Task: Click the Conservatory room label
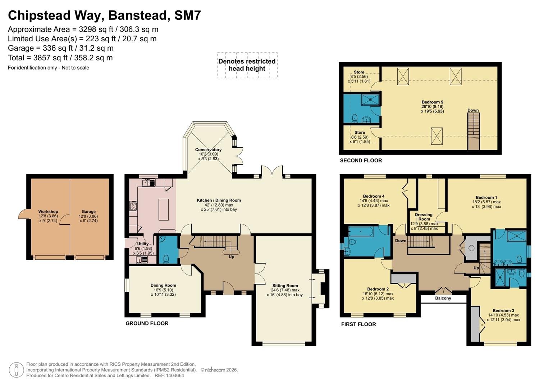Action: point(208,150)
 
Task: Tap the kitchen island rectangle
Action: point(164,210)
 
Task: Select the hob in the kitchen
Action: point(133,206)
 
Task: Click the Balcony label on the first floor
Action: point(443,298)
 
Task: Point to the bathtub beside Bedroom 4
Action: point(361,232)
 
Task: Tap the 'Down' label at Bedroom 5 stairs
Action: point(473,110)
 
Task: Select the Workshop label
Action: point(48,211)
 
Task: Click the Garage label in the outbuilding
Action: point(89,211)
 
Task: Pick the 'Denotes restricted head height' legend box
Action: point(247,65)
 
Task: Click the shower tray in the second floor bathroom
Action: point(370,100)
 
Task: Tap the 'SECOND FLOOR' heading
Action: point(361,161)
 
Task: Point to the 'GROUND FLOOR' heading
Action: point(147,323)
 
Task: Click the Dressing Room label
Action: point(424,217)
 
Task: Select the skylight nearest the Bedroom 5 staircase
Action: point(436,136)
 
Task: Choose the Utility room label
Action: point(143,244)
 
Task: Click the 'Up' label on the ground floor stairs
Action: point(232,257)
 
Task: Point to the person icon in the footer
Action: point(17,370)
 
